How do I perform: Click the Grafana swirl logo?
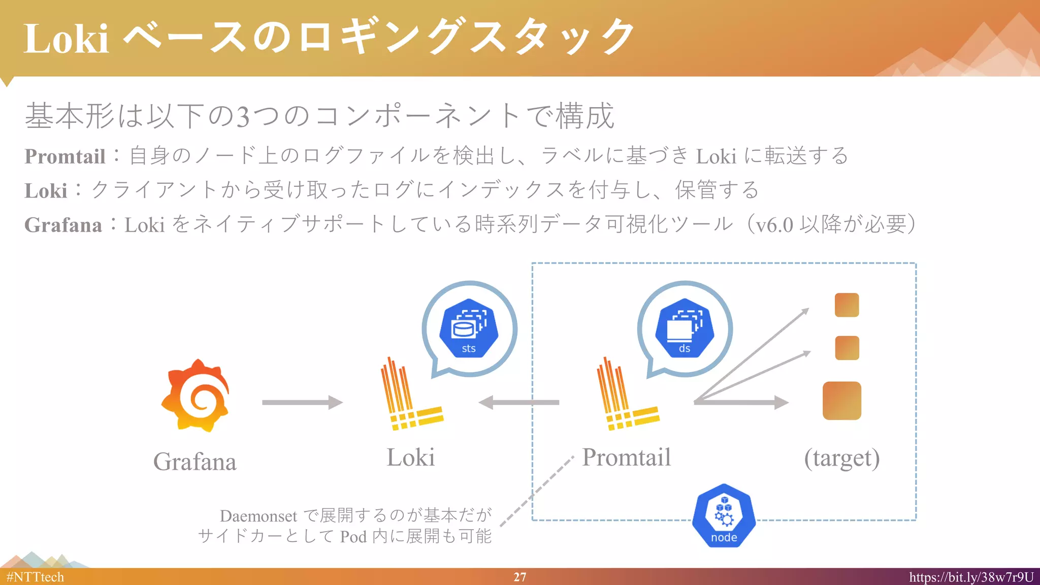point(196,396)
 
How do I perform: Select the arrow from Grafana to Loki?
point(302,403)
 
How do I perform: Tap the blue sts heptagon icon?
point(469,328)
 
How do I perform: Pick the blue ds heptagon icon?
point(685,328)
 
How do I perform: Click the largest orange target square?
point(841,401)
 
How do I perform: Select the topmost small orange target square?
point(847,305)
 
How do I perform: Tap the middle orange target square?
point(847,348)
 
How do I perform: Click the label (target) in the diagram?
point(841,458)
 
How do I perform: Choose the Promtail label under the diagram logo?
point(626,457)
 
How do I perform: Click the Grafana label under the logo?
point(195,462)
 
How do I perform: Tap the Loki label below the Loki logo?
point(410,457)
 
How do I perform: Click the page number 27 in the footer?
point(519,577)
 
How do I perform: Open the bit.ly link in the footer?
point(971,577)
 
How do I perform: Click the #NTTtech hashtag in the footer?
point(35,577)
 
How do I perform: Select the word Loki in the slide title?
point(66,39)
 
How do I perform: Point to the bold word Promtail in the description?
point(65,156)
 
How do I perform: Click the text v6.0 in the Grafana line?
point(774,224)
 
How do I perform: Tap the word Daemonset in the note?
point(258,516)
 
